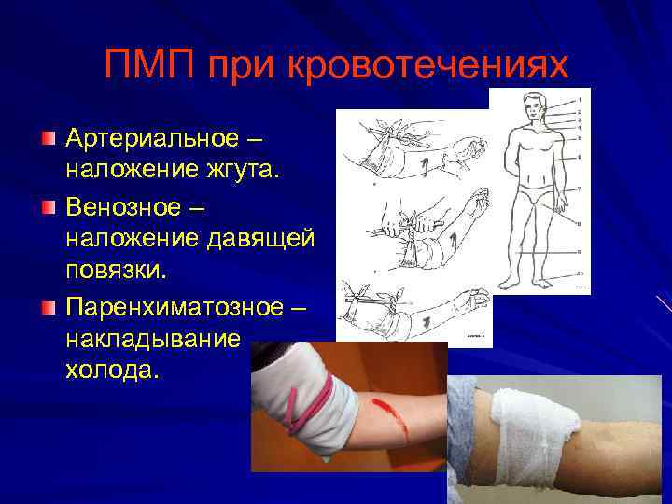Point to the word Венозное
click(124, 203)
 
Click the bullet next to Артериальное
click(48, 139)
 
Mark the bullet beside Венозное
click(48, 204)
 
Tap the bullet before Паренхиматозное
click(48, 302)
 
